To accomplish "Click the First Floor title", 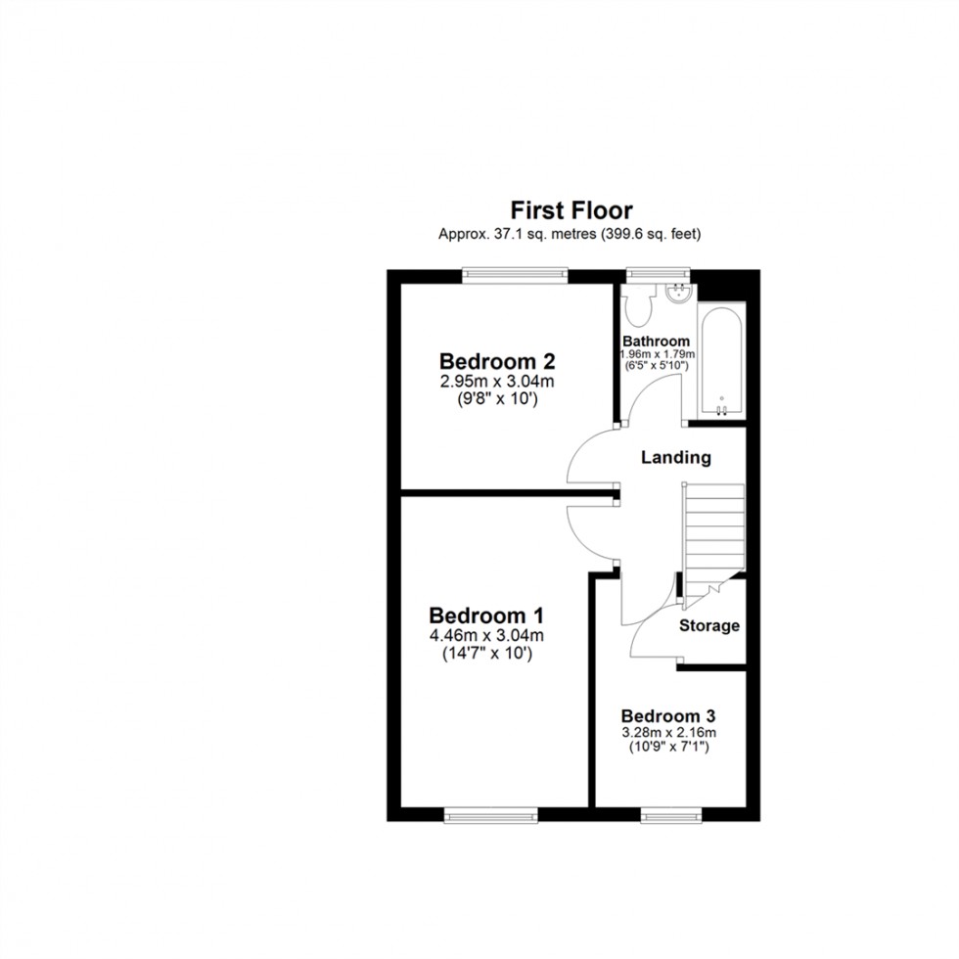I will point(571,210).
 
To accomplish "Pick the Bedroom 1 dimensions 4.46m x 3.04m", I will point(486,637).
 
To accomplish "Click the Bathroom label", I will point(657,341).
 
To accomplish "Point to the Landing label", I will point(675,457).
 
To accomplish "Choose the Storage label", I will point(709,625).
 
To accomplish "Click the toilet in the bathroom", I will point(639,307).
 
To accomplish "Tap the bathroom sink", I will point(677,292).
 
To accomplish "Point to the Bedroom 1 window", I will point(491,814).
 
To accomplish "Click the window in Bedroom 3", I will point(671,814).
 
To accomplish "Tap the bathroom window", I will point(659,275).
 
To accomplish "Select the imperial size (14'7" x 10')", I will point(486,654).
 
